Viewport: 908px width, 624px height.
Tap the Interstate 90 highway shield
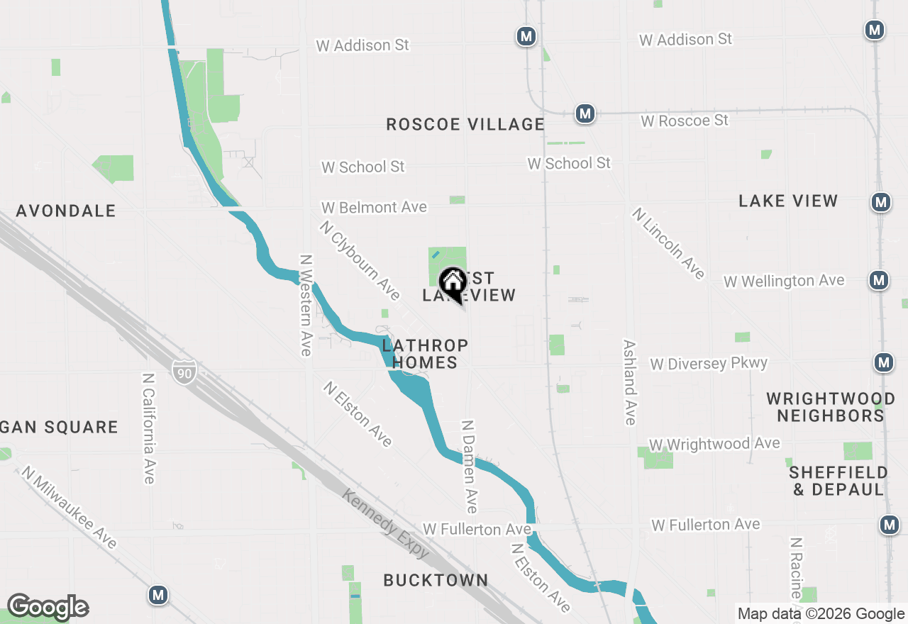[x=184, y=371]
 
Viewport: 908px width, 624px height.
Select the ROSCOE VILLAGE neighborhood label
[x=465, y=124]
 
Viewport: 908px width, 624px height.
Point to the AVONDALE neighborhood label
[x=66, y=211]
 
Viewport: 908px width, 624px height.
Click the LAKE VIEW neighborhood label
[x=788, y=201]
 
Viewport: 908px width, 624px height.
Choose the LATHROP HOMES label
[x=425, y=354]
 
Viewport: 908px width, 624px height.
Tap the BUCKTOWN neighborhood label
[x=436, y=580]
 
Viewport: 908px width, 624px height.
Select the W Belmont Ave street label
[x=374, y=207]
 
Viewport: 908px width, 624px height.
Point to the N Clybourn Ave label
[x=360, y=260]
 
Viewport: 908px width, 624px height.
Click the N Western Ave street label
[x=306, y=305]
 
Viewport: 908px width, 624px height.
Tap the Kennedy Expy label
[x=386, y=523]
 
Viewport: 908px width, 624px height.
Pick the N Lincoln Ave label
[x=668, y=243]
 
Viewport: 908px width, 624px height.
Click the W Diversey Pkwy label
[x=709, y=364]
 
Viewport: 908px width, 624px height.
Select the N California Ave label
[x=148, y=428]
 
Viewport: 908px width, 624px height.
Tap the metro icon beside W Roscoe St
[x=585, y=113]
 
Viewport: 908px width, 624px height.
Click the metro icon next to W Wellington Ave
[x=879, y=280]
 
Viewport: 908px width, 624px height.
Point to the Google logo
[x=48, y=607]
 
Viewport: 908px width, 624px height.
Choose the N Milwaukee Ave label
[x=69, y=507]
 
